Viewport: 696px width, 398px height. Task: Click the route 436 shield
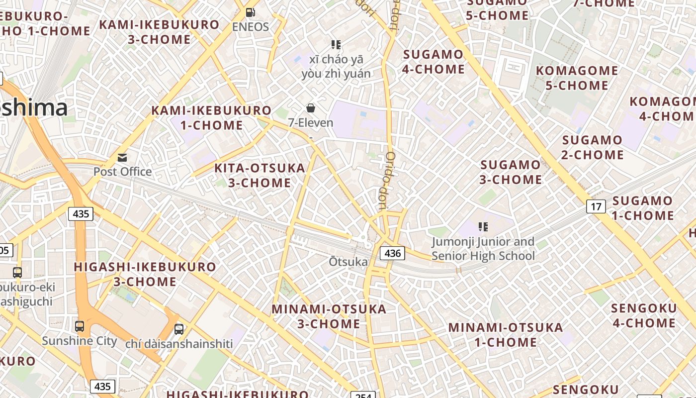coord(392,253)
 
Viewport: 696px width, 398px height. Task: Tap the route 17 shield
coord(596,206)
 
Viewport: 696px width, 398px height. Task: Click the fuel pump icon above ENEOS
coord(251,12)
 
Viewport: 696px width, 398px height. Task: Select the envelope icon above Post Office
coord(122,158)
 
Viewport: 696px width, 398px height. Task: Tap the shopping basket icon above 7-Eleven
coord(311,108)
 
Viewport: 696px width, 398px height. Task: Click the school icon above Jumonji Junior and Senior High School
coord(483,227)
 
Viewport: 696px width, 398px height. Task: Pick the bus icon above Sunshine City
coord(80,326)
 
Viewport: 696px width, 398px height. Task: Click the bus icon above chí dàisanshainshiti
coord(179,329)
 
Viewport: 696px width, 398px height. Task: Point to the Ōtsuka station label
coord(348,262)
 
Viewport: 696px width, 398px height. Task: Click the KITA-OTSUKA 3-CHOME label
coord(260,175)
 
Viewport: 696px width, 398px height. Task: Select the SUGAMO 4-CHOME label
coord(433,62)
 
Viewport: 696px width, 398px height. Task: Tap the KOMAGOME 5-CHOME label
coord(577,78)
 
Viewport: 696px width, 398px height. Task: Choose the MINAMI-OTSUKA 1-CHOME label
coord(506,335)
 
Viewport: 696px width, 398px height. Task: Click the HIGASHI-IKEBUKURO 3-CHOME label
coord(145,274)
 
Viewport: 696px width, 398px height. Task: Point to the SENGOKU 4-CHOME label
coord(644,315)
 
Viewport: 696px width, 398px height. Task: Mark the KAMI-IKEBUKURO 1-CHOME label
coord(211,118)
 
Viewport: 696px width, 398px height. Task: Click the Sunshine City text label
coord(79,341)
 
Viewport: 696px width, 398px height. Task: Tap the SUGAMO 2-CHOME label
coord(592,147)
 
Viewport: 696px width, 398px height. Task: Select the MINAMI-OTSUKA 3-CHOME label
coord(329,316)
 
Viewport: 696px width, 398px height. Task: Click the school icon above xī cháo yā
coord(336,45)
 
